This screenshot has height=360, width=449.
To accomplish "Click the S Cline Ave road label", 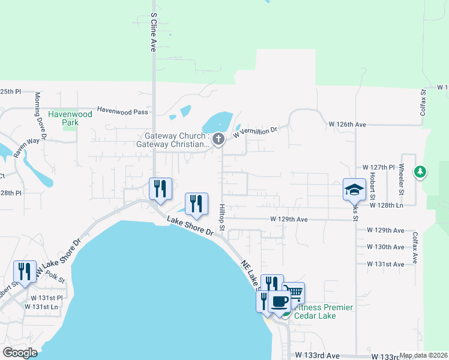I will click(x=154, y=32).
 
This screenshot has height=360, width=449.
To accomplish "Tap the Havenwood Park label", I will click(x=70, y=118).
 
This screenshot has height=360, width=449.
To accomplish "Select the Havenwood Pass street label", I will click(x=122, y=110).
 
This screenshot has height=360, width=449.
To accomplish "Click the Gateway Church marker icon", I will click(x=218, y=140).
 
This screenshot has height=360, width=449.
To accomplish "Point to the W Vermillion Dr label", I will click(x=255, y=131).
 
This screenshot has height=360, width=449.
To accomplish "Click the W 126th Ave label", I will click(x=347, y=124).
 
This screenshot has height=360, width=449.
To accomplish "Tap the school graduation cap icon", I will click(x=354, y=190).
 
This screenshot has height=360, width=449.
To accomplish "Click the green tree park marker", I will click(x=421, y=173).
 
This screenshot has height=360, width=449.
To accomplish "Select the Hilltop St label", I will click(x=221, y=217).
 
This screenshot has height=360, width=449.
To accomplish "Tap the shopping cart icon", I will click(x=294, y=293).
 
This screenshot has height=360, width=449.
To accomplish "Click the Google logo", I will click(x=20, y=353).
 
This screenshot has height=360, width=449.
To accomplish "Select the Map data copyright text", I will click(x=423, y=355).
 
